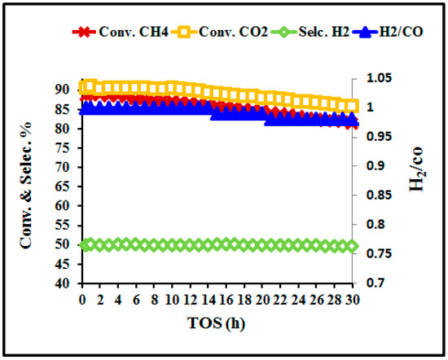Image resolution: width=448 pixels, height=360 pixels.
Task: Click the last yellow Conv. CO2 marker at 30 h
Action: (351, 106)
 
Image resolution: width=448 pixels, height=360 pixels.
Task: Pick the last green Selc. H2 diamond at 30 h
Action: (351, 245)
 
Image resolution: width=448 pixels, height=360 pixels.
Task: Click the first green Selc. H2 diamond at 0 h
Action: (82, 245)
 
